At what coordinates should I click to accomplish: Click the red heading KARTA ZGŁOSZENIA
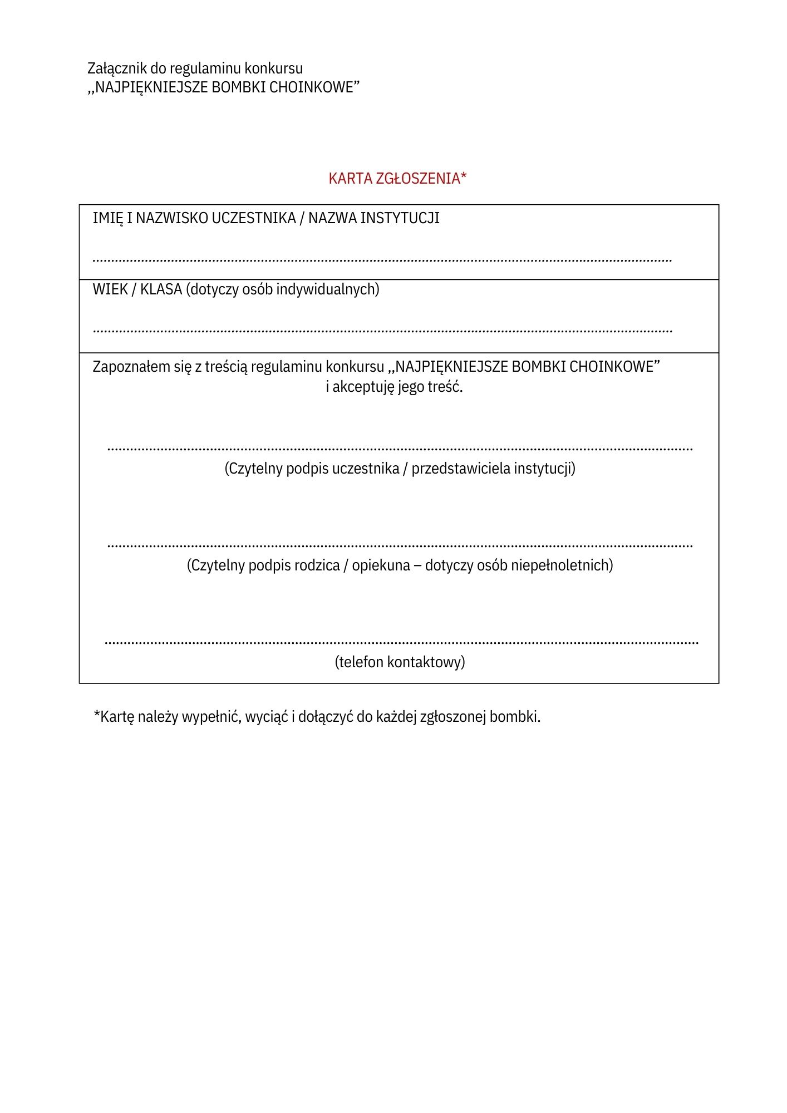pyautogui.click(x=397, y=179)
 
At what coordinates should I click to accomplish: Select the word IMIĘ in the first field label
pyautogui.click(x=108, y=218)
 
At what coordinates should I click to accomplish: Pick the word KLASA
pyautogui.click(x=161, y=289)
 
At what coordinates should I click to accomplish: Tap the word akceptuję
pyautogui.click(x=363, y=387)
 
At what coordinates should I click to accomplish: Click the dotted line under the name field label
pyautogui.click(x=382, y=260)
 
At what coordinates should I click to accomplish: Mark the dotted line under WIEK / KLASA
pyautogui.click(x=382, y=331)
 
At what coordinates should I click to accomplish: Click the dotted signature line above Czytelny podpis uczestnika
pyautogui.click(x=400, y=449)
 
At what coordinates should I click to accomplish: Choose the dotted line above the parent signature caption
pyautogui.click(x=400, y=546)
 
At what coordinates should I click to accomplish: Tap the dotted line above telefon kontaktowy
pyautogui.click(x=401, y=643)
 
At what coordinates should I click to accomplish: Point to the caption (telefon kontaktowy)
pyautogui.click(x=400, y=662)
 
